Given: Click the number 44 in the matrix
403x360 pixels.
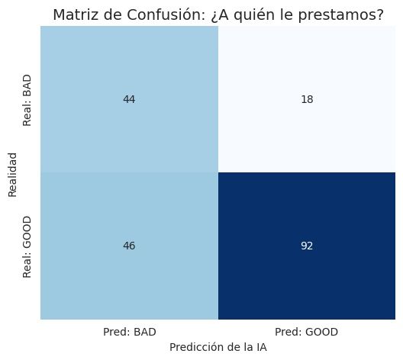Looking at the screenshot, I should tap(128, 99).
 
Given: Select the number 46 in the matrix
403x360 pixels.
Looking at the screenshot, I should tap(128, 246).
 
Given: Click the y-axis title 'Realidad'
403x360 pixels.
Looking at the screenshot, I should tap(13, 172).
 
